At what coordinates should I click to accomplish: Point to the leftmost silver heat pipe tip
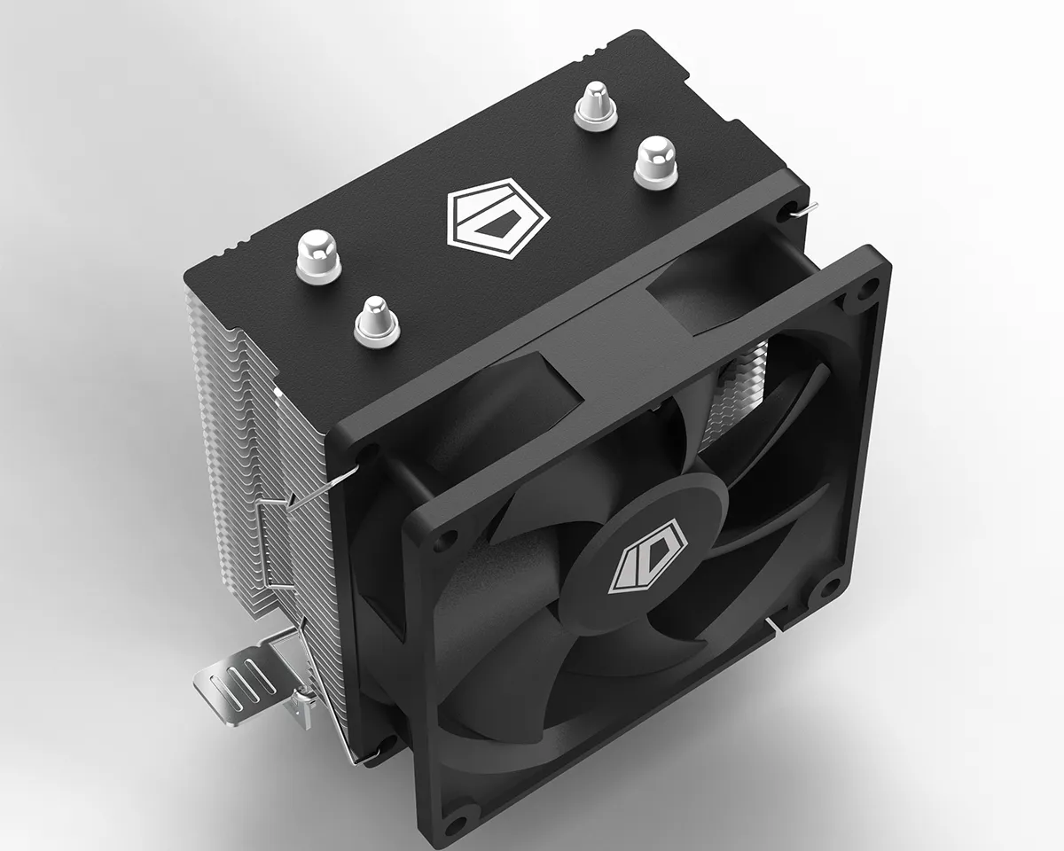pyautogui.click(x=319, y=255)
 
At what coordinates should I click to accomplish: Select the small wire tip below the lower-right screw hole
pyautogui.click(x=777, y=628)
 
